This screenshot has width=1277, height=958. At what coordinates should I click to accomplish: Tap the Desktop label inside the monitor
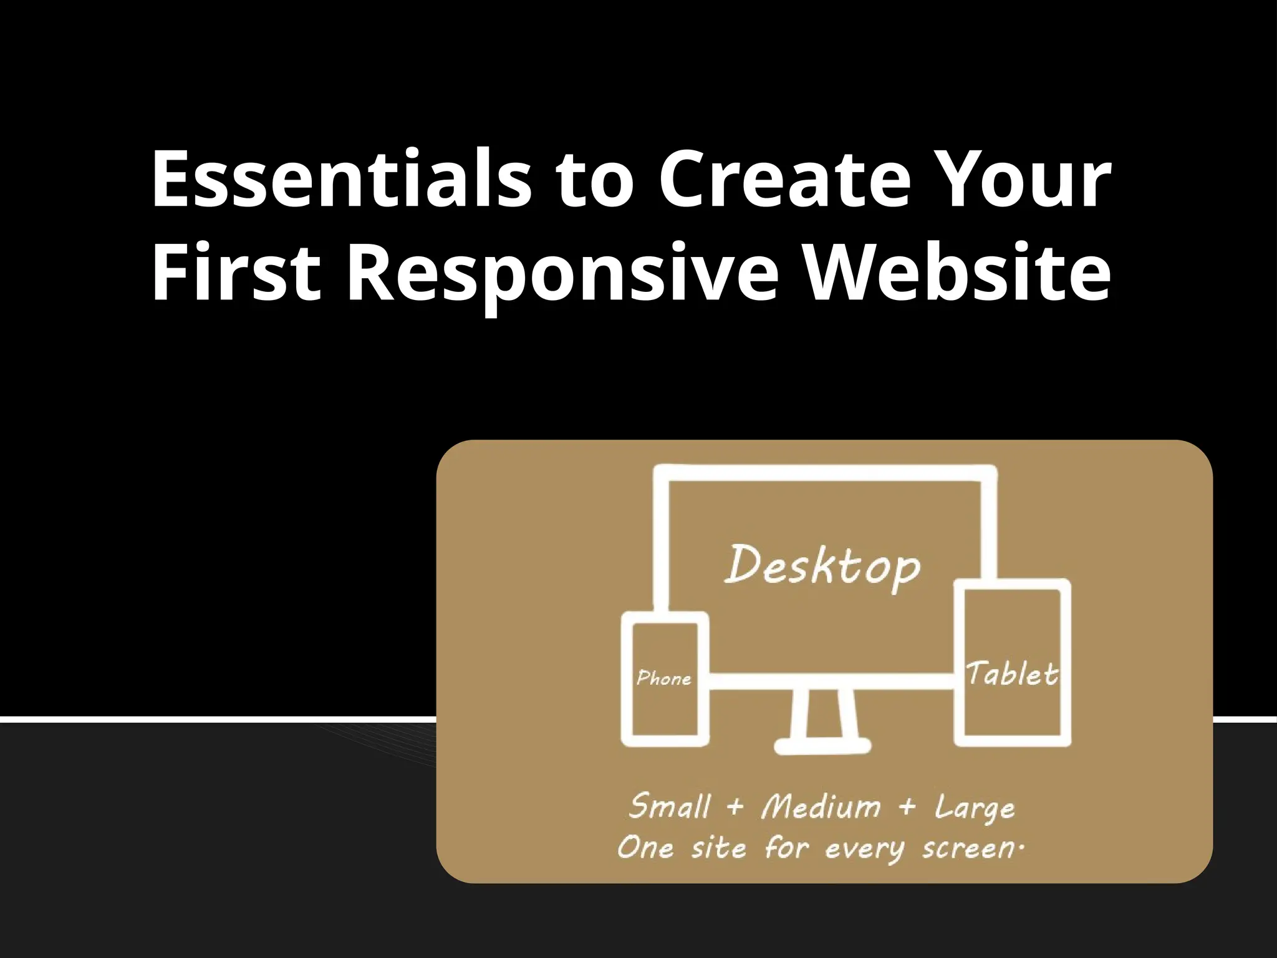[822, 566]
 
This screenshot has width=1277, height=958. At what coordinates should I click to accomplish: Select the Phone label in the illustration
[664, 678]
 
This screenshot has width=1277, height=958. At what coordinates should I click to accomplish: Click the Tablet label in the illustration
[1012, 674]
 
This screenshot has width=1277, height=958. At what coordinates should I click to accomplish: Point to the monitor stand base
[822, 745]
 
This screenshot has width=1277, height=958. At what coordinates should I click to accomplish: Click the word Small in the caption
[669, 806]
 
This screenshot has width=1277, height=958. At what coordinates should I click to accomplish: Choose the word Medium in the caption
[821, 806]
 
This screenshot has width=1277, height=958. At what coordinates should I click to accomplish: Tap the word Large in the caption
[975, 808]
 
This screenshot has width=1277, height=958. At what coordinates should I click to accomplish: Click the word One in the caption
[645, 848]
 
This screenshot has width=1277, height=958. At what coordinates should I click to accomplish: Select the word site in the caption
[718, 848]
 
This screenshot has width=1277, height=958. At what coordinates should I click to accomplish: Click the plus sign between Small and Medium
[735, 807]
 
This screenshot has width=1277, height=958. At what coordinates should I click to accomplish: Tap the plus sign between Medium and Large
[907, 807]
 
